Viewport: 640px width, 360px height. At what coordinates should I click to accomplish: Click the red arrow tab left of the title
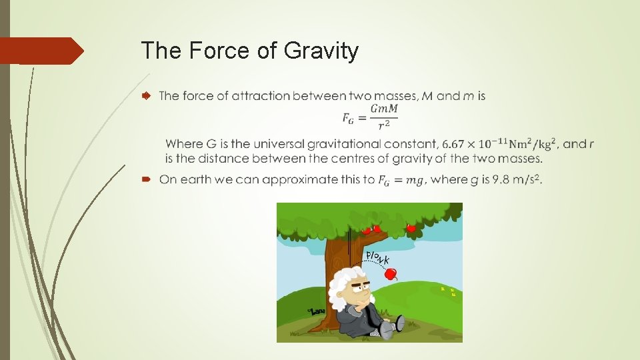[x=40, y=51]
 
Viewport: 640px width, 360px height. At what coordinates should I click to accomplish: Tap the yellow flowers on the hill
[x=447, y=291]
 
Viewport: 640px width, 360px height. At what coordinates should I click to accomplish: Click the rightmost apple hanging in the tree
[x=411, y=228]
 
